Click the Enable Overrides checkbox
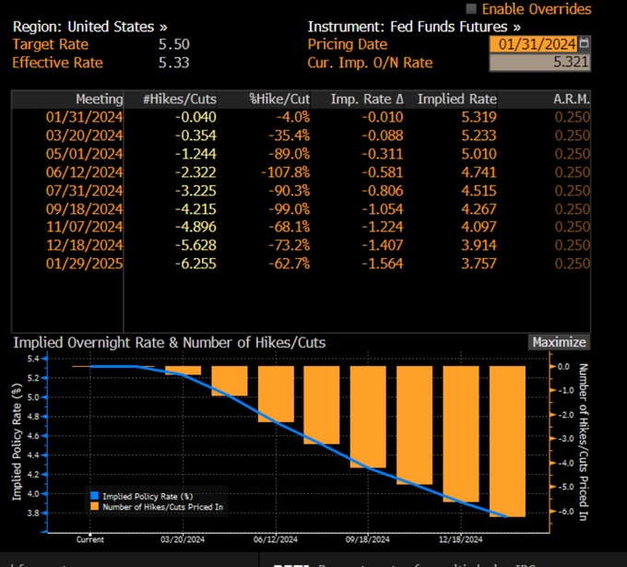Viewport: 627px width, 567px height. point(472,8)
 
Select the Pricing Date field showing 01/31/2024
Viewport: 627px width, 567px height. point(536,44)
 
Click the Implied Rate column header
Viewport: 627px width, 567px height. point(456,100)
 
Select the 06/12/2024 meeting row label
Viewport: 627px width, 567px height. point(84,171)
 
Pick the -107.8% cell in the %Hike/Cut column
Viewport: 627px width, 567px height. point(283,171)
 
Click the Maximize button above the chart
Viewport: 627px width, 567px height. point(558,342)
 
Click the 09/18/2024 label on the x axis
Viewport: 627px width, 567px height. point(367,540)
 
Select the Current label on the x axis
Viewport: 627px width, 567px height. point(90,540)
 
